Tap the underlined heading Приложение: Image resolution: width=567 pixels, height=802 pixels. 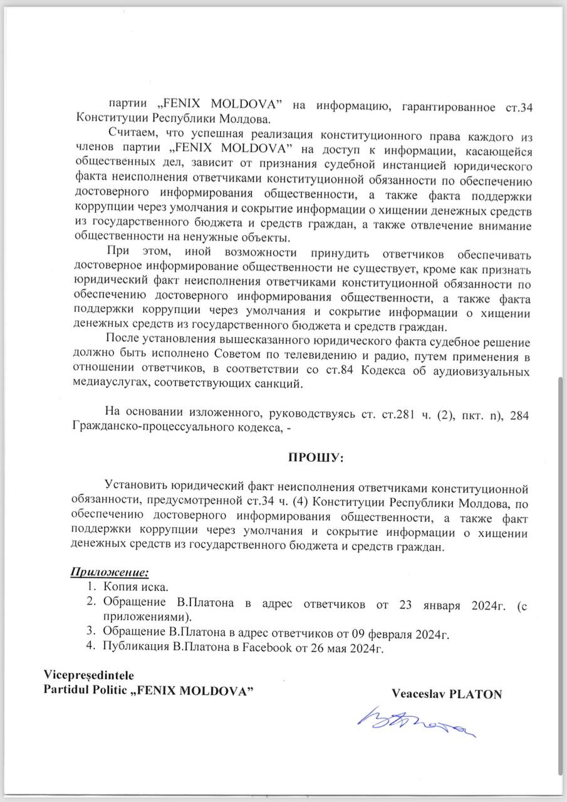pos(108,572)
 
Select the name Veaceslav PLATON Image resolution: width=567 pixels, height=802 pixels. pos(447,694)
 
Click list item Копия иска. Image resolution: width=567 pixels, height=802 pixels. pos(136,588)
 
